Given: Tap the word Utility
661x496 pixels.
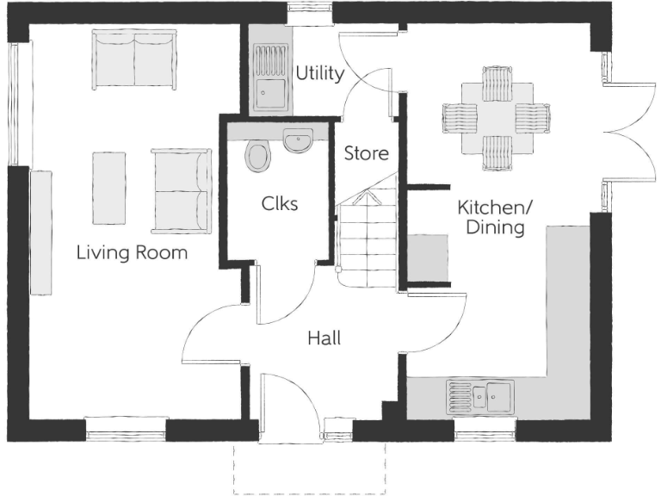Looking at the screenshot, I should coord(319,73).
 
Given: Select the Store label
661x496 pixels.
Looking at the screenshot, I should coord(367,154).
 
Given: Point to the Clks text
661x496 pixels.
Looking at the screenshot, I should coord(280,204).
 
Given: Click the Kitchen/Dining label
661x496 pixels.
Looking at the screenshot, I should coord(491,217).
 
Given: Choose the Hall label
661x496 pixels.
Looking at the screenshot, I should coord(324,338).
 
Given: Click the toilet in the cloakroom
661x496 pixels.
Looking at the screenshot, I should coord(257,156).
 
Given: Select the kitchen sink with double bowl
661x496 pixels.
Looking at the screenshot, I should coord(479,396).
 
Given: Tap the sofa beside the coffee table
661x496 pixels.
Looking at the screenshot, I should coord(181,190).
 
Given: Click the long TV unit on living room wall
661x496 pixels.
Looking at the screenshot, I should coord(41,232).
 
